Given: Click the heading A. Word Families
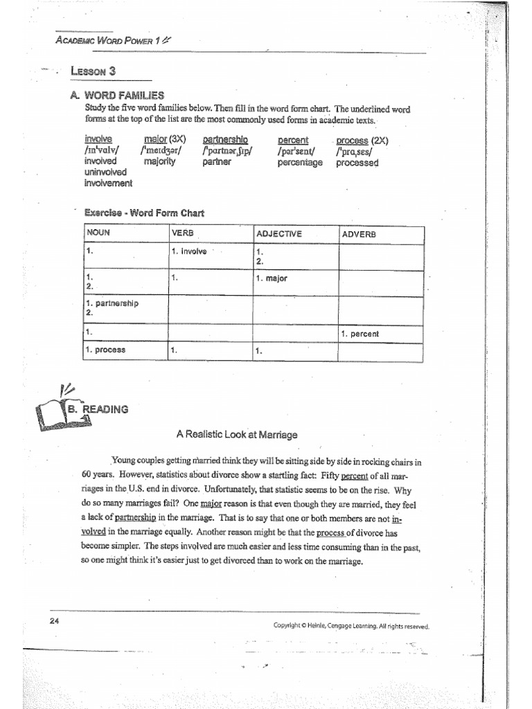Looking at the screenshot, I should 116,96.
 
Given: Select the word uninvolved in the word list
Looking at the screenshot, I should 105,172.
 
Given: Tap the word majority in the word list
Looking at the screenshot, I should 160,162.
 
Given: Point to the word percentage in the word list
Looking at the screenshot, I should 300,163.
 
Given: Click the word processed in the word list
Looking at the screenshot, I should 357,163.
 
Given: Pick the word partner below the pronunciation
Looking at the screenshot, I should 216,163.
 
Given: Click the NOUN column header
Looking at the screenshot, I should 98,233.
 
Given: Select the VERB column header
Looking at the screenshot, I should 182,233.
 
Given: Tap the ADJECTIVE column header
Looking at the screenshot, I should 279,234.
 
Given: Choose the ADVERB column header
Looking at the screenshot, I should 359,234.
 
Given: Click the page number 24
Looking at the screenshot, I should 55,620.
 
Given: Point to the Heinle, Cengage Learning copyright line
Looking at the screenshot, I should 351,627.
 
